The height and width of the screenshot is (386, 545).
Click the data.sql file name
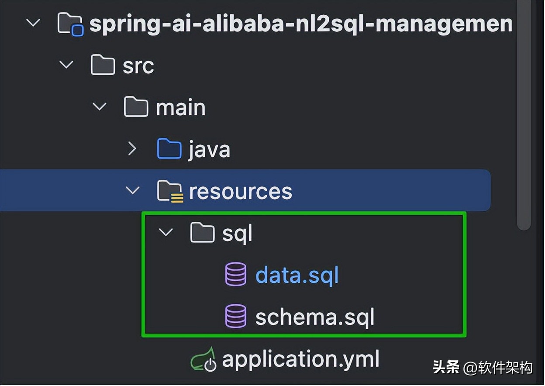pos(297,276)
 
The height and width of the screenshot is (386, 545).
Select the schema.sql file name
pos(315,317)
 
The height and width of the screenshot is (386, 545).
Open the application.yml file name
pos(300,359)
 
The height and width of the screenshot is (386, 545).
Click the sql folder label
pos(237,234)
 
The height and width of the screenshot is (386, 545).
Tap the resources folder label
pos(240,191)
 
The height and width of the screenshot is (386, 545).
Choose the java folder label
pos(209,150)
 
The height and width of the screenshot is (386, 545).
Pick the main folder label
pos(180,107)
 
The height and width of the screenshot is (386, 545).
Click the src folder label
pos(138,66)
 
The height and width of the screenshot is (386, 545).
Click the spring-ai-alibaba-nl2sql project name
pos(300,24)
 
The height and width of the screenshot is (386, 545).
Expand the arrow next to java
pos(132,149)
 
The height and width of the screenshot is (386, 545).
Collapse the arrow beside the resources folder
pos(132,191)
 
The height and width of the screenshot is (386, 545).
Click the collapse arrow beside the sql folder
pos(166,233)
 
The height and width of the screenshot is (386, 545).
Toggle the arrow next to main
pos(100,107)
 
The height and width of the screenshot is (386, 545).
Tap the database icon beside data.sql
pos(235,275)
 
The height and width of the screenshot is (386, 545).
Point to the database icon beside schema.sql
pos(235,317)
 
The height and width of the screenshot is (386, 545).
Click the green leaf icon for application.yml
pos(204,359)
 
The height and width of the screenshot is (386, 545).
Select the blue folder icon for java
pos(169,149)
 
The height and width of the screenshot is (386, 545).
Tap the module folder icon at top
pos(70,24)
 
